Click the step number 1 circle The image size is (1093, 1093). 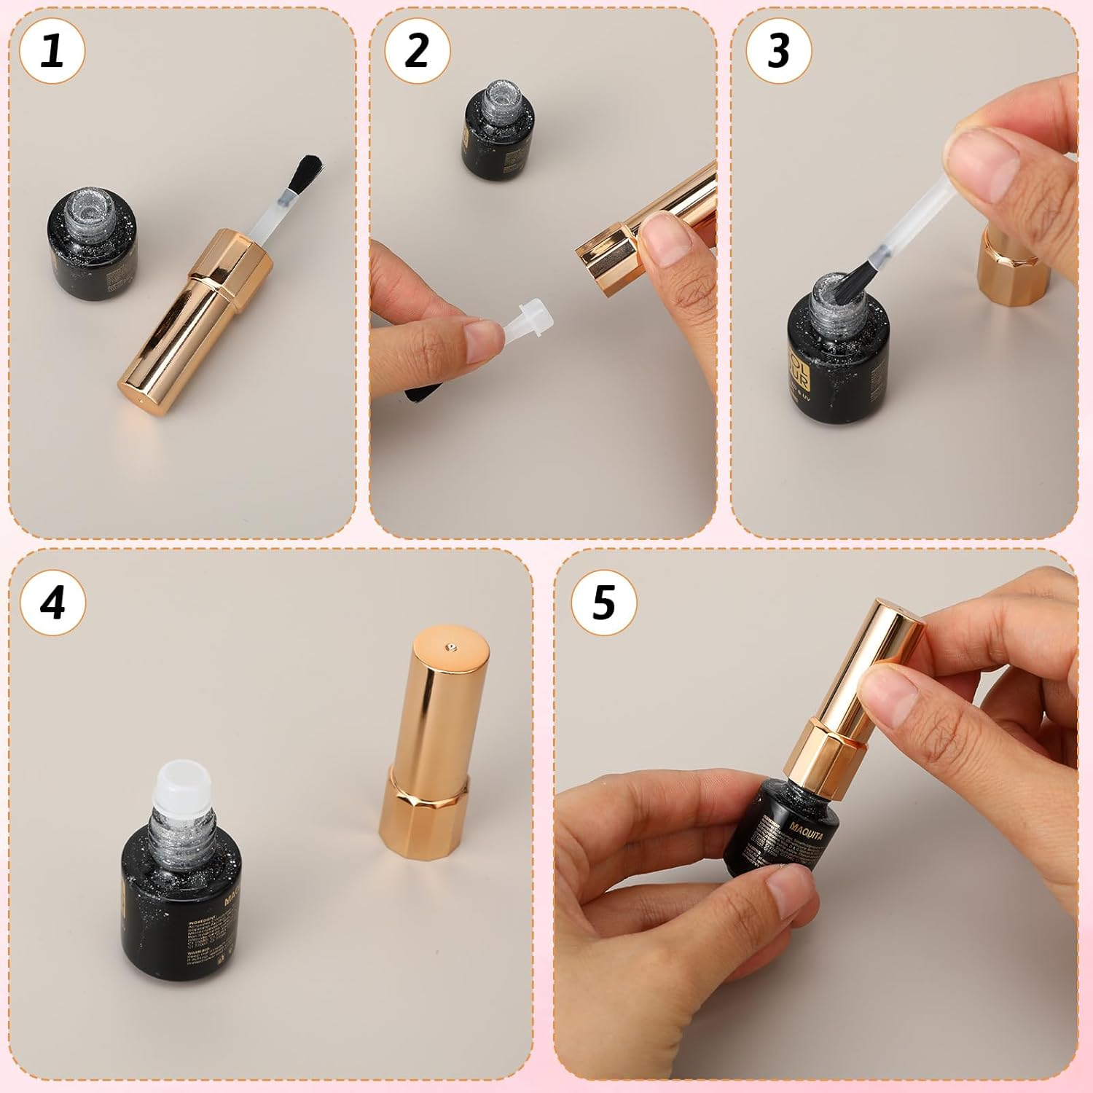click(x=52, y=52)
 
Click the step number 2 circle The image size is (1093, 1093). click(x=417, y=52)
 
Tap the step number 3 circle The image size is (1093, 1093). click(x=778, y=52)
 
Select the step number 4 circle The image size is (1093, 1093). click(x=52, y=603)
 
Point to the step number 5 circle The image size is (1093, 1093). click(x=603, y=603)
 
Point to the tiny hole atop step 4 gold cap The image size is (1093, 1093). click(x=452, y=646)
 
